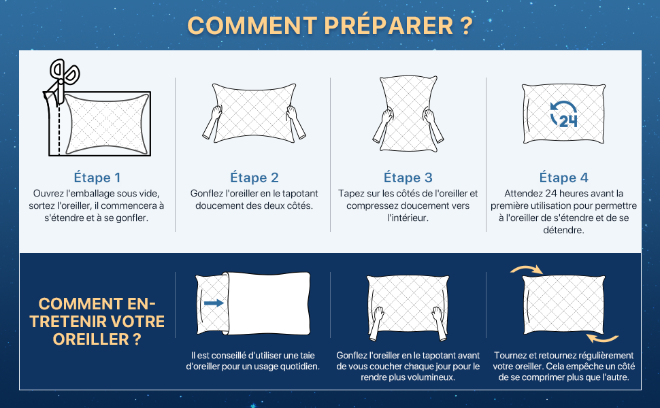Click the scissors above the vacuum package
point(63,80)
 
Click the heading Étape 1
point(97,177)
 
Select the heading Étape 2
point(254,177)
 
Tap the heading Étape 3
point(408,177)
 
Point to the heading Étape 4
point(563,177)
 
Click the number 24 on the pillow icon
point(568,121)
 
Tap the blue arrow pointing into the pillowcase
point(214,303)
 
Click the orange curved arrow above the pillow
point(526,269)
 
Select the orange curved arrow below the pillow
point(602,338)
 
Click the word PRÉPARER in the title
point(389,26)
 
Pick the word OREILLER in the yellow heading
point(91,339)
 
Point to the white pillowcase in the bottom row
point(268,303)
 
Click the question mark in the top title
point(466,26)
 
